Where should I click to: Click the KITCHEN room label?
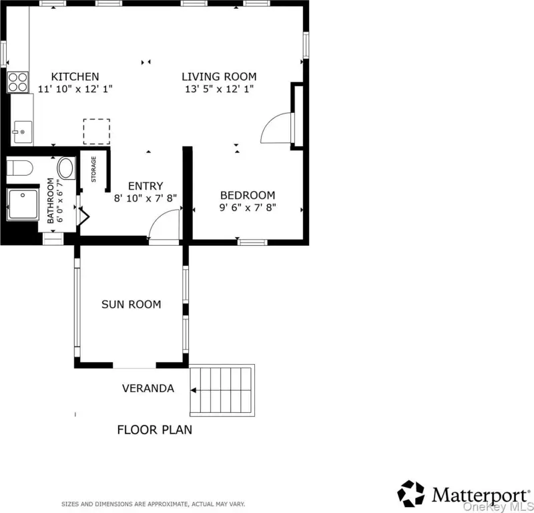coord(75,76)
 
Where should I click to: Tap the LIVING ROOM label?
coord(219,76)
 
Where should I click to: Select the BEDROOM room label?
coord(248,195)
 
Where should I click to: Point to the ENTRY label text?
coord(146,186)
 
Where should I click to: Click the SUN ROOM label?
coord(131,304)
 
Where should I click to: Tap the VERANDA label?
coord(148,388)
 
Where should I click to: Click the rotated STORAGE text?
coord(93,169)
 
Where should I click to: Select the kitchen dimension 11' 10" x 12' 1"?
coord(75,89)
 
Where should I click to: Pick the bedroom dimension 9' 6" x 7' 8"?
coord(248,207)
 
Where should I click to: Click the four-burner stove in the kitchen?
coord(18,82)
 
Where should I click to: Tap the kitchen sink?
coord(23,132)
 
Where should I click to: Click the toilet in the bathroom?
coord(20,168)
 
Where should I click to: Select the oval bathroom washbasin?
coord(66,168)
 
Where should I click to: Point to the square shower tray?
coord(23,204)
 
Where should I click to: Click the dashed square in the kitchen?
coord(97,132)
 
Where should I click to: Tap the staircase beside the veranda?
coord(222,390)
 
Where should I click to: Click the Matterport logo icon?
coord(411,494)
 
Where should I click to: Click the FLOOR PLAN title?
coord(155,430)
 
